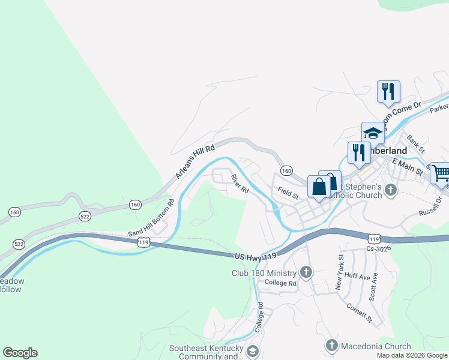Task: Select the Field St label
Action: [x=288, y=191]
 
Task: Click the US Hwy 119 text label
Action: [x=256, y=256]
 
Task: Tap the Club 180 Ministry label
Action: [x=265, y=273]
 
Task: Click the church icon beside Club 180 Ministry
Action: [x=306, y=273]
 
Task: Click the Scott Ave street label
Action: [x=375, y=287]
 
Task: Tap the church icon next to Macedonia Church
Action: [x=331, y=346]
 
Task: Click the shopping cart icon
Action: [x=441, y=173]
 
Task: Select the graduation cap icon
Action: [x=373, y=133]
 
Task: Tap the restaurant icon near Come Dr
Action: [x=388, y=91]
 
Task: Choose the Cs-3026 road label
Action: [x=378, y=248]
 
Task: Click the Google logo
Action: [x=20, y=353]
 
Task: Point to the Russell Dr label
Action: [x=431, y=206]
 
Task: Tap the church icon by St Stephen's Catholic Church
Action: [x=391, y=191]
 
